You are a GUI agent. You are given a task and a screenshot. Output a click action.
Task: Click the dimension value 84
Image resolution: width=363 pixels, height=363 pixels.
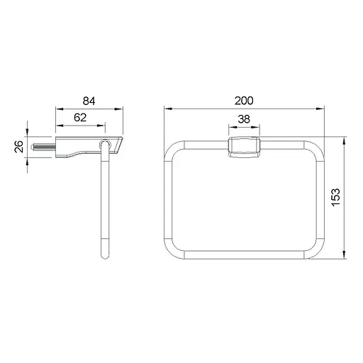pos(89,101)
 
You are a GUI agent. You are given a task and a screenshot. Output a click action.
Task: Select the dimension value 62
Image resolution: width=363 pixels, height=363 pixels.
pos(80,118)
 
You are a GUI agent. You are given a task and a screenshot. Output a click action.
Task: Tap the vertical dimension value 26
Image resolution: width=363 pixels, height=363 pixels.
pos(18,147)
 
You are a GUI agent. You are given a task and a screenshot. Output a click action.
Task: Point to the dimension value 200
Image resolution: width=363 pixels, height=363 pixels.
pos(244,101)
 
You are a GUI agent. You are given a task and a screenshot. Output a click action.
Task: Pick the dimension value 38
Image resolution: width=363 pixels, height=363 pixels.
pos(244,119)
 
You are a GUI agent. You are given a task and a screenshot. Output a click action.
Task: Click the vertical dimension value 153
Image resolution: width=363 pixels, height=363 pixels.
pos(335,198)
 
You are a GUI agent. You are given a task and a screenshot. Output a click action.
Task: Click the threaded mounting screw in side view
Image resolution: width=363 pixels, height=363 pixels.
pos(44,147)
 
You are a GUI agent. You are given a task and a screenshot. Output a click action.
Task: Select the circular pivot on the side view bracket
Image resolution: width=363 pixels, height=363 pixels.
pos(104,145)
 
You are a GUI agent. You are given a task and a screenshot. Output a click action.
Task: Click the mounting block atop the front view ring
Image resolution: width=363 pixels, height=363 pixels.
pos(244,147)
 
